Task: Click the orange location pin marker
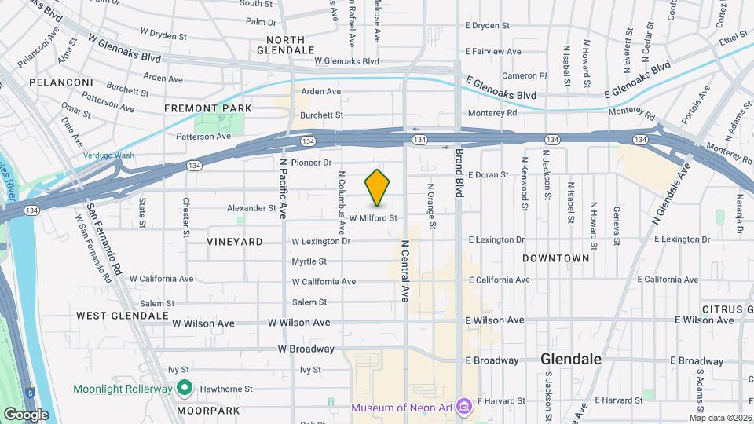[x=378, y=188]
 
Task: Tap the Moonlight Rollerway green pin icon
[x=185, y=387]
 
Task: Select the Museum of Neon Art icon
[x=464, y=407]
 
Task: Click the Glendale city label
[x=571, y=359]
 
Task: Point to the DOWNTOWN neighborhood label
[x=555, y=258]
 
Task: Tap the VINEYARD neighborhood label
[x=235, y=242]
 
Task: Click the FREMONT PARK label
[x=208, y=108]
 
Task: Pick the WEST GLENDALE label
[x=123, y=315]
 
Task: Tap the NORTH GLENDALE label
[x=291, y=45]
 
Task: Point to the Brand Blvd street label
[x=460, y=174]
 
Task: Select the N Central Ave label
[x=405, y=271]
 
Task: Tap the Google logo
[x=26, y=414]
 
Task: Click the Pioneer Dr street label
[x=312, y=163]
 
